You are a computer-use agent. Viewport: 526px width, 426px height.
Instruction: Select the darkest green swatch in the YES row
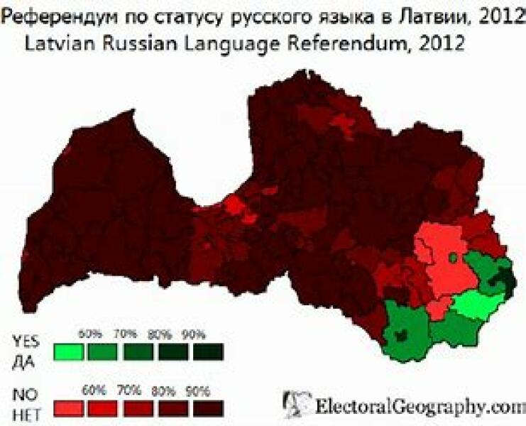coord(208,351)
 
